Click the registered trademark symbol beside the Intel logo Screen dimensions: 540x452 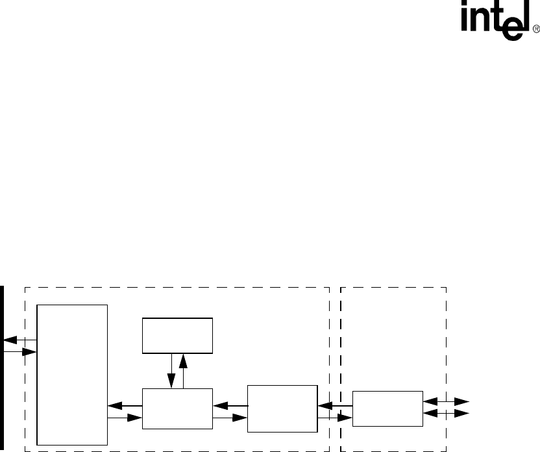coord(536,30)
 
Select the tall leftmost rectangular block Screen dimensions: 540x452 coord(72,373)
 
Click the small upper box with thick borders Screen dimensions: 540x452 coord(177,336)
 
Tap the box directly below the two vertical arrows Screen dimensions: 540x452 coord(177,408)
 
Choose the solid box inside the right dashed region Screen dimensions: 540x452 coord(387,408)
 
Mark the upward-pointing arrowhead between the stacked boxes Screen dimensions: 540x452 coord(183,360)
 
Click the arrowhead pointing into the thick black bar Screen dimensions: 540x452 coord(9,340)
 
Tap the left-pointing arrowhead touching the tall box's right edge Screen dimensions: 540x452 coord(114,405)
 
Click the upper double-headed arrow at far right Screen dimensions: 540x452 coord(447,403)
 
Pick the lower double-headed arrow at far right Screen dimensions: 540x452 coord(447,413)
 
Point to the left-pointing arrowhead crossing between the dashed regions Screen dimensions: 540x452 coord(325,407)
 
